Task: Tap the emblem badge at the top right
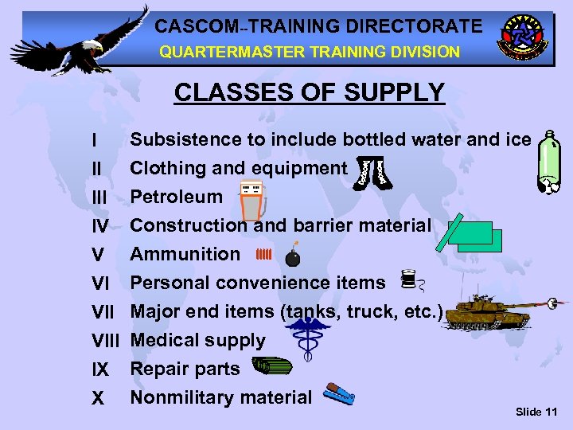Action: [521, 38]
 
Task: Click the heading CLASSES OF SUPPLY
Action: [309, 92]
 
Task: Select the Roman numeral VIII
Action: [105, 341]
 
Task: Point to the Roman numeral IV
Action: [100, 226]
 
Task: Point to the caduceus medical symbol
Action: [310, 338]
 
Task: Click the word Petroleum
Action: [176, 197]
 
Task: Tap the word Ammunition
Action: [185, 254]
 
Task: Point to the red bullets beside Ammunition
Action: [265, 255]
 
